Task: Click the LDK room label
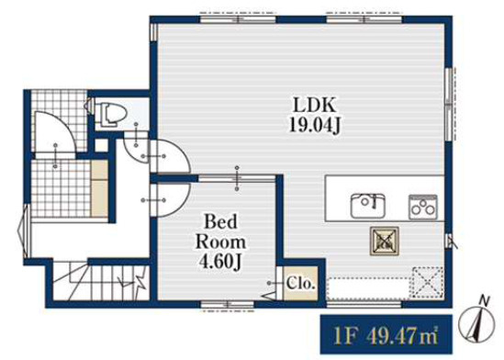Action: tap(314, 105)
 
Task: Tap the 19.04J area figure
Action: tap(315, 124)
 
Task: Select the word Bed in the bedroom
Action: tap(220, 221)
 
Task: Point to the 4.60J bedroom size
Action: tap(221, 262)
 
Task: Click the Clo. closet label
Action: tap(300, 284)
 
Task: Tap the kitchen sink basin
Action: tap(368, 206)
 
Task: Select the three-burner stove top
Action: tap(423, 207)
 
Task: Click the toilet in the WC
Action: tap(111, 115)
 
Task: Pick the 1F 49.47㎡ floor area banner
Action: tap(386, 334)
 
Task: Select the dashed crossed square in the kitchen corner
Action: tap(427, 283)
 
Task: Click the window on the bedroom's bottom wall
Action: tap(228, 305)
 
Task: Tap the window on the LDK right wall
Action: tap(451, 104)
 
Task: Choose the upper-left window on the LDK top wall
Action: tap(238, 18)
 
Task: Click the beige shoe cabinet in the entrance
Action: tap(100, 188)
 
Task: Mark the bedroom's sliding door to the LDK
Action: tap(237, 178)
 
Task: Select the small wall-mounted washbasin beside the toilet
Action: tap(88, 106)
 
